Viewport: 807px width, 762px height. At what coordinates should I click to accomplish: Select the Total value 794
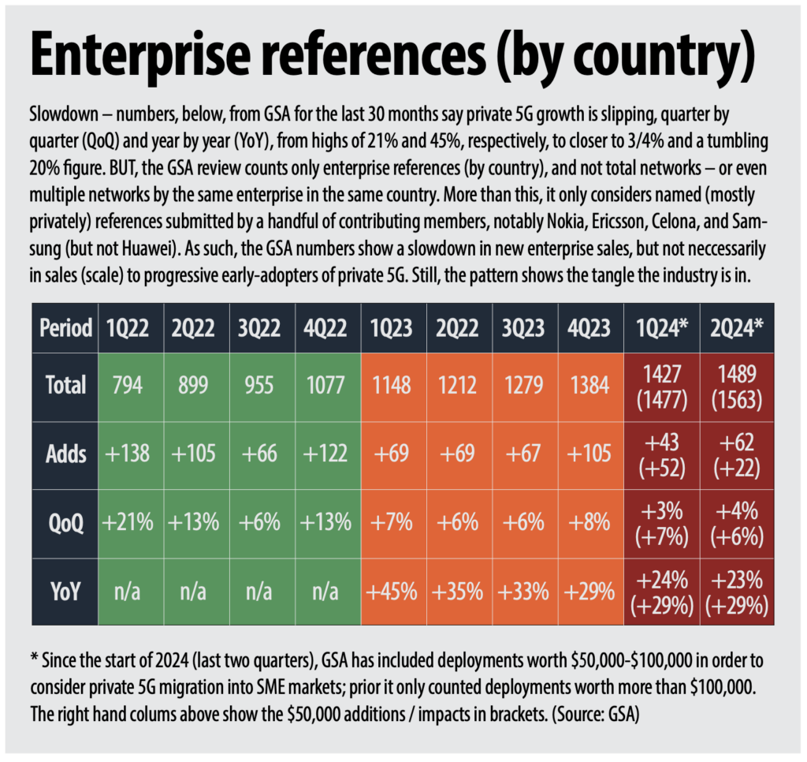(x=128, y=387)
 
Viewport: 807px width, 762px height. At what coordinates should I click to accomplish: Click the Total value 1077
(x=322, y=387)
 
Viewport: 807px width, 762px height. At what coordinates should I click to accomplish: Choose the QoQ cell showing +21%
(x=128, y=523)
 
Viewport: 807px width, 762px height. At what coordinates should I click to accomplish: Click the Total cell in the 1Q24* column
(x=661, y=387)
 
